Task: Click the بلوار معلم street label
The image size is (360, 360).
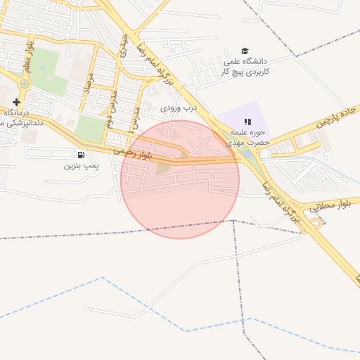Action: tap(30, 58)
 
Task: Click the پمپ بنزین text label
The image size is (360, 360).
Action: tap(79, 167)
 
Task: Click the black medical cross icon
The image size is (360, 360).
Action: tap(16, 102)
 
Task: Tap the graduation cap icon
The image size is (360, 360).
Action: tap(245, 51)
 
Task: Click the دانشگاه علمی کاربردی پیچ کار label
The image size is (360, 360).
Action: tap(243, 66)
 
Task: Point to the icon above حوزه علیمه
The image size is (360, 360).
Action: tap(247, 122)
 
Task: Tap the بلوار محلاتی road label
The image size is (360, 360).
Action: tap(330, 205)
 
